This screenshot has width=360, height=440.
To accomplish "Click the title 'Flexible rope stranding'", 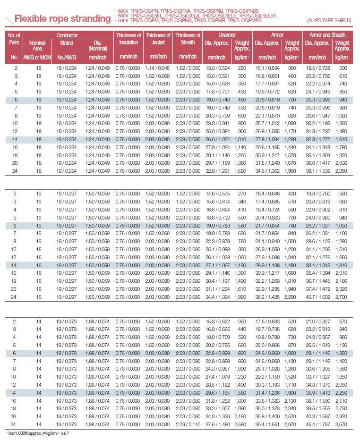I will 62,19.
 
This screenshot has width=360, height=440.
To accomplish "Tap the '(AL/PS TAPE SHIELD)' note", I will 328,21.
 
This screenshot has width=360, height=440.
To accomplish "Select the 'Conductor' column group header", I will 67,35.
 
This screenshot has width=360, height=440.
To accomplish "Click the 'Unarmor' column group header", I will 227,35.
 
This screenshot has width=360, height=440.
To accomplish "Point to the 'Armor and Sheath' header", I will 327,35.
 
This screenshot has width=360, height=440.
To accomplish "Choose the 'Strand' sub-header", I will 67,43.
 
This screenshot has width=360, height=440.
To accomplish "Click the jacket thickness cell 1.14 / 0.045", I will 158,68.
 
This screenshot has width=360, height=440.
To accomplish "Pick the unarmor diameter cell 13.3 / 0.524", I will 217,68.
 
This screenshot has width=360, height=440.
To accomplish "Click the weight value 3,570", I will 342,424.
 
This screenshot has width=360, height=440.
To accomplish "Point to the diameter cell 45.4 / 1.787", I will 317,424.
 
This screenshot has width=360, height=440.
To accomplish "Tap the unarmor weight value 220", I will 242,68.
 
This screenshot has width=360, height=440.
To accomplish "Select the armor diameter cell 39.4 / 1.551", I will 267,424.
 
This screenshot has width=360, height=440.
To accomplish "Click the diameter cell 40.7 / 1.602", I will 317,296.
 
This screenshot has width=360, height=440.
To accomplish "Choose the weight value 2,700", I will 342,296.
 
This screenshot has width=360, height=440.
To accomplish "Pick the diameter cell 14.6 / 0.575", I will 217,193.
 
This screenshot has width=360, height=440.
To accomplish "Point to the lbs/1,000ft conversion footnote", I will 38,433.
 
